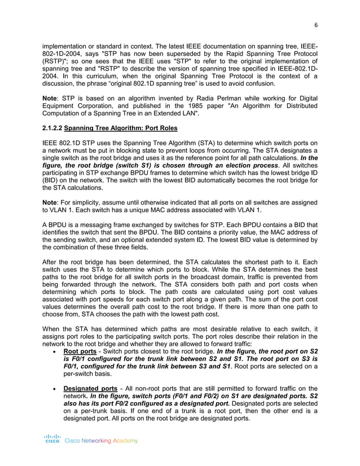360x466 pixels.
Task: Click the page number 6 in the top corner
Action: click(x=315, y=24)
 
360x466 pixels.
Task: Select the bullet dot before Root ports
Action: click(x=52, y=350)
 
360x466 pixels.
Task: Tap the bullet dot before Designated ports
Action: click(x=52, y=389)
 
